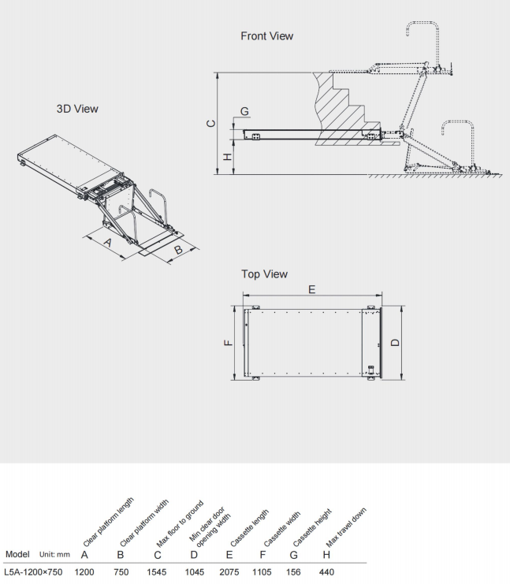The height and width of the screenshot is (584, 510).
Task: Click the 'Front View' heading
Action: [266, 35]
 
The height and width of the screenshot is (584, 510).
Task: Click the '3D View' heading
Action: [77, 109]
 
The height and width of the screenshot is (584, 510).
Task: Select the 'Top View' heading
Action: [264, 274]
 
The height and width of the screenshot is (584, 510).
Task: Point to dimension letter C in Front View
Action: [209, 123]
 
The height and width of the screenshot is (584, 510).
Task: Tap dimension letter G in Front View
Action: [244, 110]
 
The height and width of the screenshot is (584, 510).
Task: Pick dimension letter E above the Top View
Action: [312, 290]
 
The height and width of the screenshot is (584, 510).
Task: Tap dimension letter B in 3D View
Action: [178, 250]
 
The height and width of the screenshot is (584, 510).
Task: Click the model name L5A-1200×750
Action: [33, 571]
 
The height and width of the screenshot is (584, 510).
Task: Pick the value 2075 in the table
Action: [232, 571]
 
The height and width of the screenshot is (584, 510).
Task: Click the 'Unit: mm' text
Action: [55, 555]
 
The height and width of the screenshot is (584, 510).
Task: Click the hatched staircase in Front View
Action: [341, 106]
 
